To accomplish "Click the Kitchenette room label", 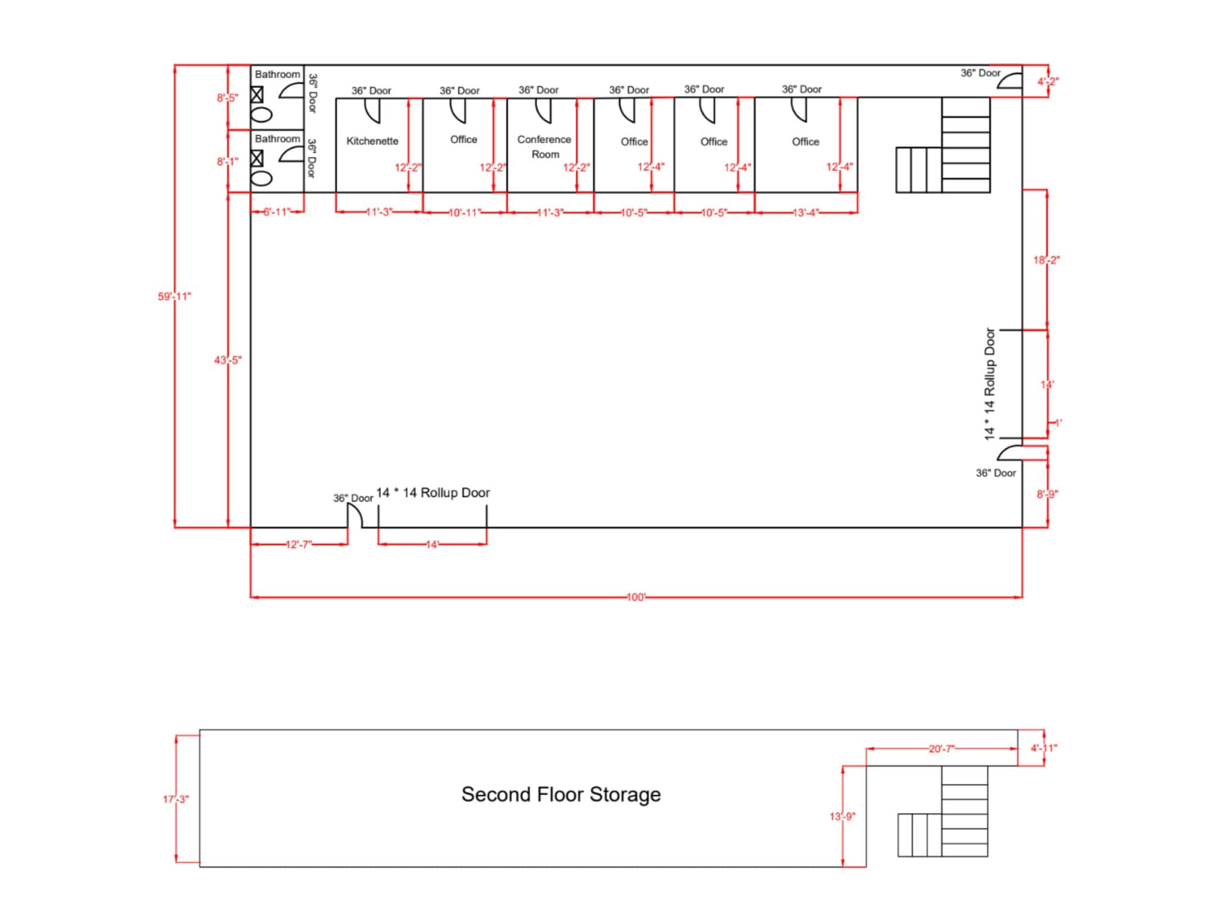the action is (372, 141).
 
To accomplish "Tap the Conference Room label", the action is (544, 146).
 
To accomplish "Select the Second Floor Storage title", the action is (561, 794).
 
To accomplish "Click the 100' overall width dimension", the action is (636, 597).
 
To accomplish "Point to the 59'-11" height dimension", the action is (174, 296).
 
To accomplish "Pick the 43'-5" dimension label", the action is (228, 360).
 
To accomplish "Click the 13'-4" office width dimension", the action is (806, 212).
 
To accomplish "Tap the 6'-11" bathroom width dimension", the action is (277, 212).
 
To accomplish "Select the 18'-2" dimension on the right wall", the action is (1046, 260).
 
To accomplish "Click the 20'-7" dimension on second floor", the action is (941, 748).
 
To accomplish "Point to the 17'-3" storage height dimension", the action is (176, 799).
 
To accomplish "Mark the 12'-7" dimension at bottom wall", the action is (299, 544).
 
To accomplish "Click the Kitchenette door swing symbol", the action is (372, 110).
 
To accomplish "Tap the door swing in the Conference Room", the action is (544, 110).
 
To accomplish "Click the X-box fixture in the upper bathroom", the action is (257, 95).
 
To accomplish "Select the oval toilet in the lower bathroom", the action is (262, 178).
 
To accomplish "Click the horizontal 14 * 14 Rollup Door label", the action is (433, 493).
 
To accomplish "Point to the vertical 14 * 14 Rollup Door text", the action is (990, 384).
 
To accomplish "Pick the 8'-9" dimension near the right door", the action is (1047, 494).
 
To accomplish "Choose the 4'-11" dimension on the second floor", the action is (1044, 748).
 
